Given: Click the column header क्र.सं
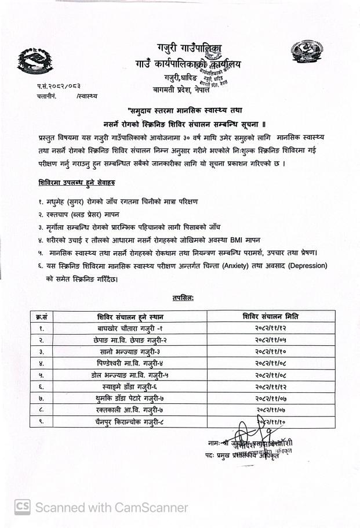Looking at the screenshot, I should click(x=41, y=317).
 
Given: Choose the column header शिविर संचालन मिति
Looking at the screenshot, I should click(x=270, y=317).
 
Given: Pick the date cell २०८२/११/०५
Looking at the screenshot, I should click(x=270, y=340).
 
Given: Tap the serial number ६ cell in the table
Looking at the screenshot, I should click(x=41, y=387).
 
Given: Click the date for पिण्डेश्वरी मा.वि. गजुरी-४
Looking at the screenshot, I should click(x=270, y=364).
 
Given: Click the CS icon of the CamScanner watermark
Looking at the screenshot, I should click(x=22, y=507).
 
